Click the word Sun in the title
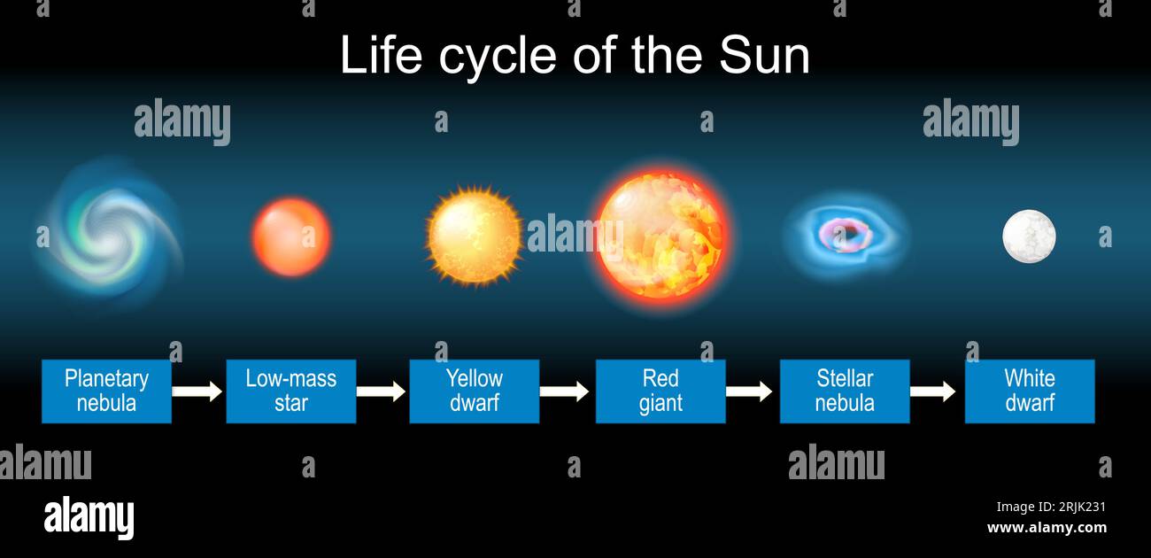[x=764, y=55]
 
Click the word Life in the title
[x=381, y=55]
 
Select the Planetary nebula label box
[x=106, y=391]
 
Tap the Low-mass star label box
[x=290, y=391]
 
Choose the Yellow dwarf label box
[x=475, y=391]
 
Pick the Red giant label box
[x=660, y=391]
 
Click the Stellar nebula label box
[x=845, y=391]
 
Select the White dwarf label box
[x=1030, y=391]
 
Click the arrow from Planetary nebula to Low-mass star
[x=197, y=391]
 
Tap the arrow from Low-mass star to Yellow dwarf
[x=381, y=391]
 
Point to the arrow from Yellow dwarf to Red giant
[x=564, y=391]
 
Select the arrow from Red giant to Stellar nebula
[x=749, y=391]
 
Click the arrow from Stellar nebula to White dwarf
[x=932, y=391]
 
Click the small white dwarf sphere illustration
[x=1029, y=236]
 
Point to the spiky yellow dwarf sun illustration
[x=475, y=236]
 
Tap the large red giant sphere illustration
[x=661, y=235]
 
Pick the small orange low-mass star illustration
[x=291, y=236]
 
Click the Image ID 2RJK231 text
[x=1051, y=507]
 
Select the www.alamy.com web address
[x=1047, y=528]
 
